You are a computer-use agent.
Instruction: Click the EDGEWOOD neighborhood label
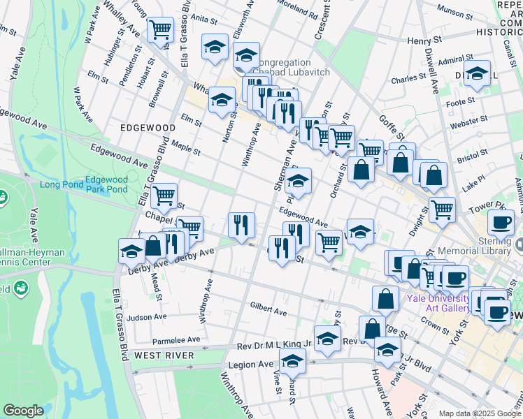pyautogui.click(x=148, y=128)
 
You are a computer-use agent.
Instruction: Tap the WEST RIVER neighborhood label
pyautogui.click(x=164, y=355)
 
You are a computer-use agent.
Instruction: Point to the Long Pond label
pyautogui.click(x=59, y=184)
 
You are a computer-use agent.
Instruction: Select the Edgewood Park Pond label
pyautogui.click(x=106, y=184)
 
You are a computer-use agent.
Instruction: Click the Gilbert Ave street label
pyautogui.click(x=268, y=310)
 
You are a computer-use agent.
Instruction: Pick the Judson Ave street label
pyautogui.click(x=147, y=317)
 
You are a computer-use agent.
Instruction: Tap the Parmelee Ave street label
pyautogui.click(x=176, y=341)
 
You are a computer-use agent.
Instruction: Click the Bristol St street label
pyautogui.click(x=473, y=159)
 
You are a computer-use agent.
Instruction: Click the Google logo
pyautogui.click(x=23, y=411)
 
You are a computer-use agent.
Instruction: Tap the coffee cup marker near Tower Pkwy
pyautogui.click(x=501, y=223)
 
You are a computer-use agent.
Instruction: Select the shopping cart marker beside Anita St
pyautogui.click(x=160, y=30)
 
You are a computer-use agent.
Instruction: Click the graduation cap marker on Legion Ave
pyautogui.click(x=293, y=362)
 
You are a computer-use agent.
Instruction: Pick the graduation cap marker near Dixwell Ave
pyautogui.click(x=478, y=74)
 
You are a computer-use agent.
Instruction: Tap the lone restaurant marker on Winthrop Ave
pyautogui.click(x=241, y=225)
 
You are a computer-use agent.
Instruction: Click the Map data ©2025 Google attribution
pyautogui.click(x=480, y=413)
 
